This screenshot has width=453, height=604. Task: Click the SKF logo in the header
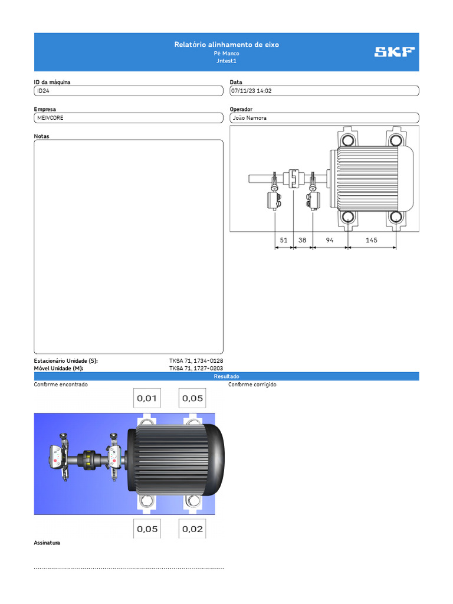[394, 52]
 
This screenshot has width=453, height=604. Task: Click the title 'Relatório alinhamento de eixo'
[226, 45]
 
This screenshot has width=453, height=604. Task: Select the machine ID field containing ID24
[128, 91]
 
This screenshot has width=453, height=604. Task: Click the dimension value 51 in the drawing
[284, 240]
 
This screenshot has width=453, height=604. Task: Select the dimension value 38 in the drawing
[302, 240]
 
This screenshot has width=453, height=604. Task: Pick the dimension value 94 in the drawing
[329, 240]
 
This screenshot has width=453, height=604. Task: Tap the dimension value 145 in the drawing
[372, 240]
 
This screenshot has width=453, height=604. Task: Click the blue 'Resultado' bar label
[226, 376]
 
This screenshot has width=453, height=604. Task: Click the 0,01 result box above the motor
[147, 398]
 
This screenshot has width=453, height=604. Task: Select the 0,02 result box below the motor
[193, 529]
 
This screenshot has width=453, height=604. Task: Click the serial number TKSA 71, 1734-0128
[196, 360]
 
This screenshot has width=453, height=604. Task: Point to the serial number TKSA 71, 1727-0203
[196, 368]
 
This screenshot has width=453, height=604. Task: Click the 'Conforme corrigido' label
[252, 385]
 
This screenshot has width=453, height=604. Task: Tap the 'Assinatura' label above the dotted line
[47, 543]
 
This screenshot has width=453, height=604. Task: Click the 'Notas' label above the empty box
[42, 136]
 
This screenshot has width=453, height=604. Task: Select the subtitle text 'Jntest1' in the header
[226, 61]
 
